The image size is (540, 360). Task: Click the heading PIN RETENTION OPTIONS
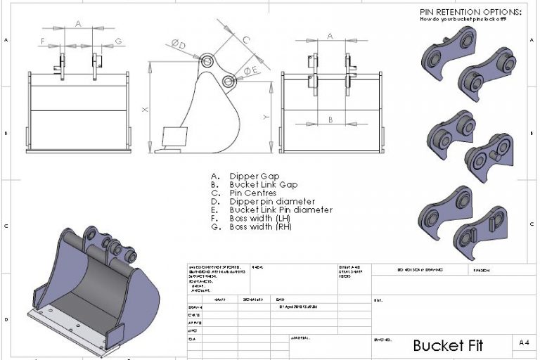[470, 12]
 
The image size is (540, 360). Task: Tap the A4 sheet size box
[523, 343]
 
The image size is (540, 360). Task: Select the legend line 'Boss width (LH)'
[261, 219]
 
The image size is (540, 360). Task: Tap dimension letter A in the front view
[78, 24]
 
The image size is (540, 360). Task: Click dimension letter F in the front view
[43, 41]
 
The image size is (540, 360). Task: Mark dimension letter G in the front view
[118, 41]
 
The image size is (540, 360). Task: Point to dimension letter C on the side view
[246, 40]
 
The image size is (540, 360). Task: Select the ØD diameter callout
[179, 45]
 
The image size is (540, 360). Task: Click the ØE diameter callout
[250, 71]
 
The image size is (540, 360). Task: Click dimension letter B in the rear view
[330, 120]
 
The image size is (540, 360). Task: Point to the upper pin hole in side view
[207, 62]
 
